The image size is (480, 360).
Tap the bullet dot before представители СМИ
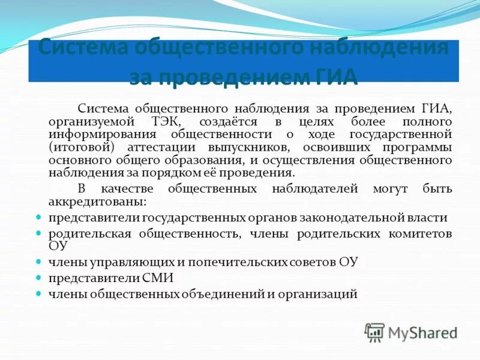(x=38, y=278)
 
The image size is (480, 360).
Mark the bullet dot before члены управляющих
(x=38, y=262)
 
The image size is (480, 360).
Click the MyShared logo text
(x=422, y=332)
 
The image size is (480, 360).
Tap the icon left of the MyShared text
(x=374, y=332)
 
